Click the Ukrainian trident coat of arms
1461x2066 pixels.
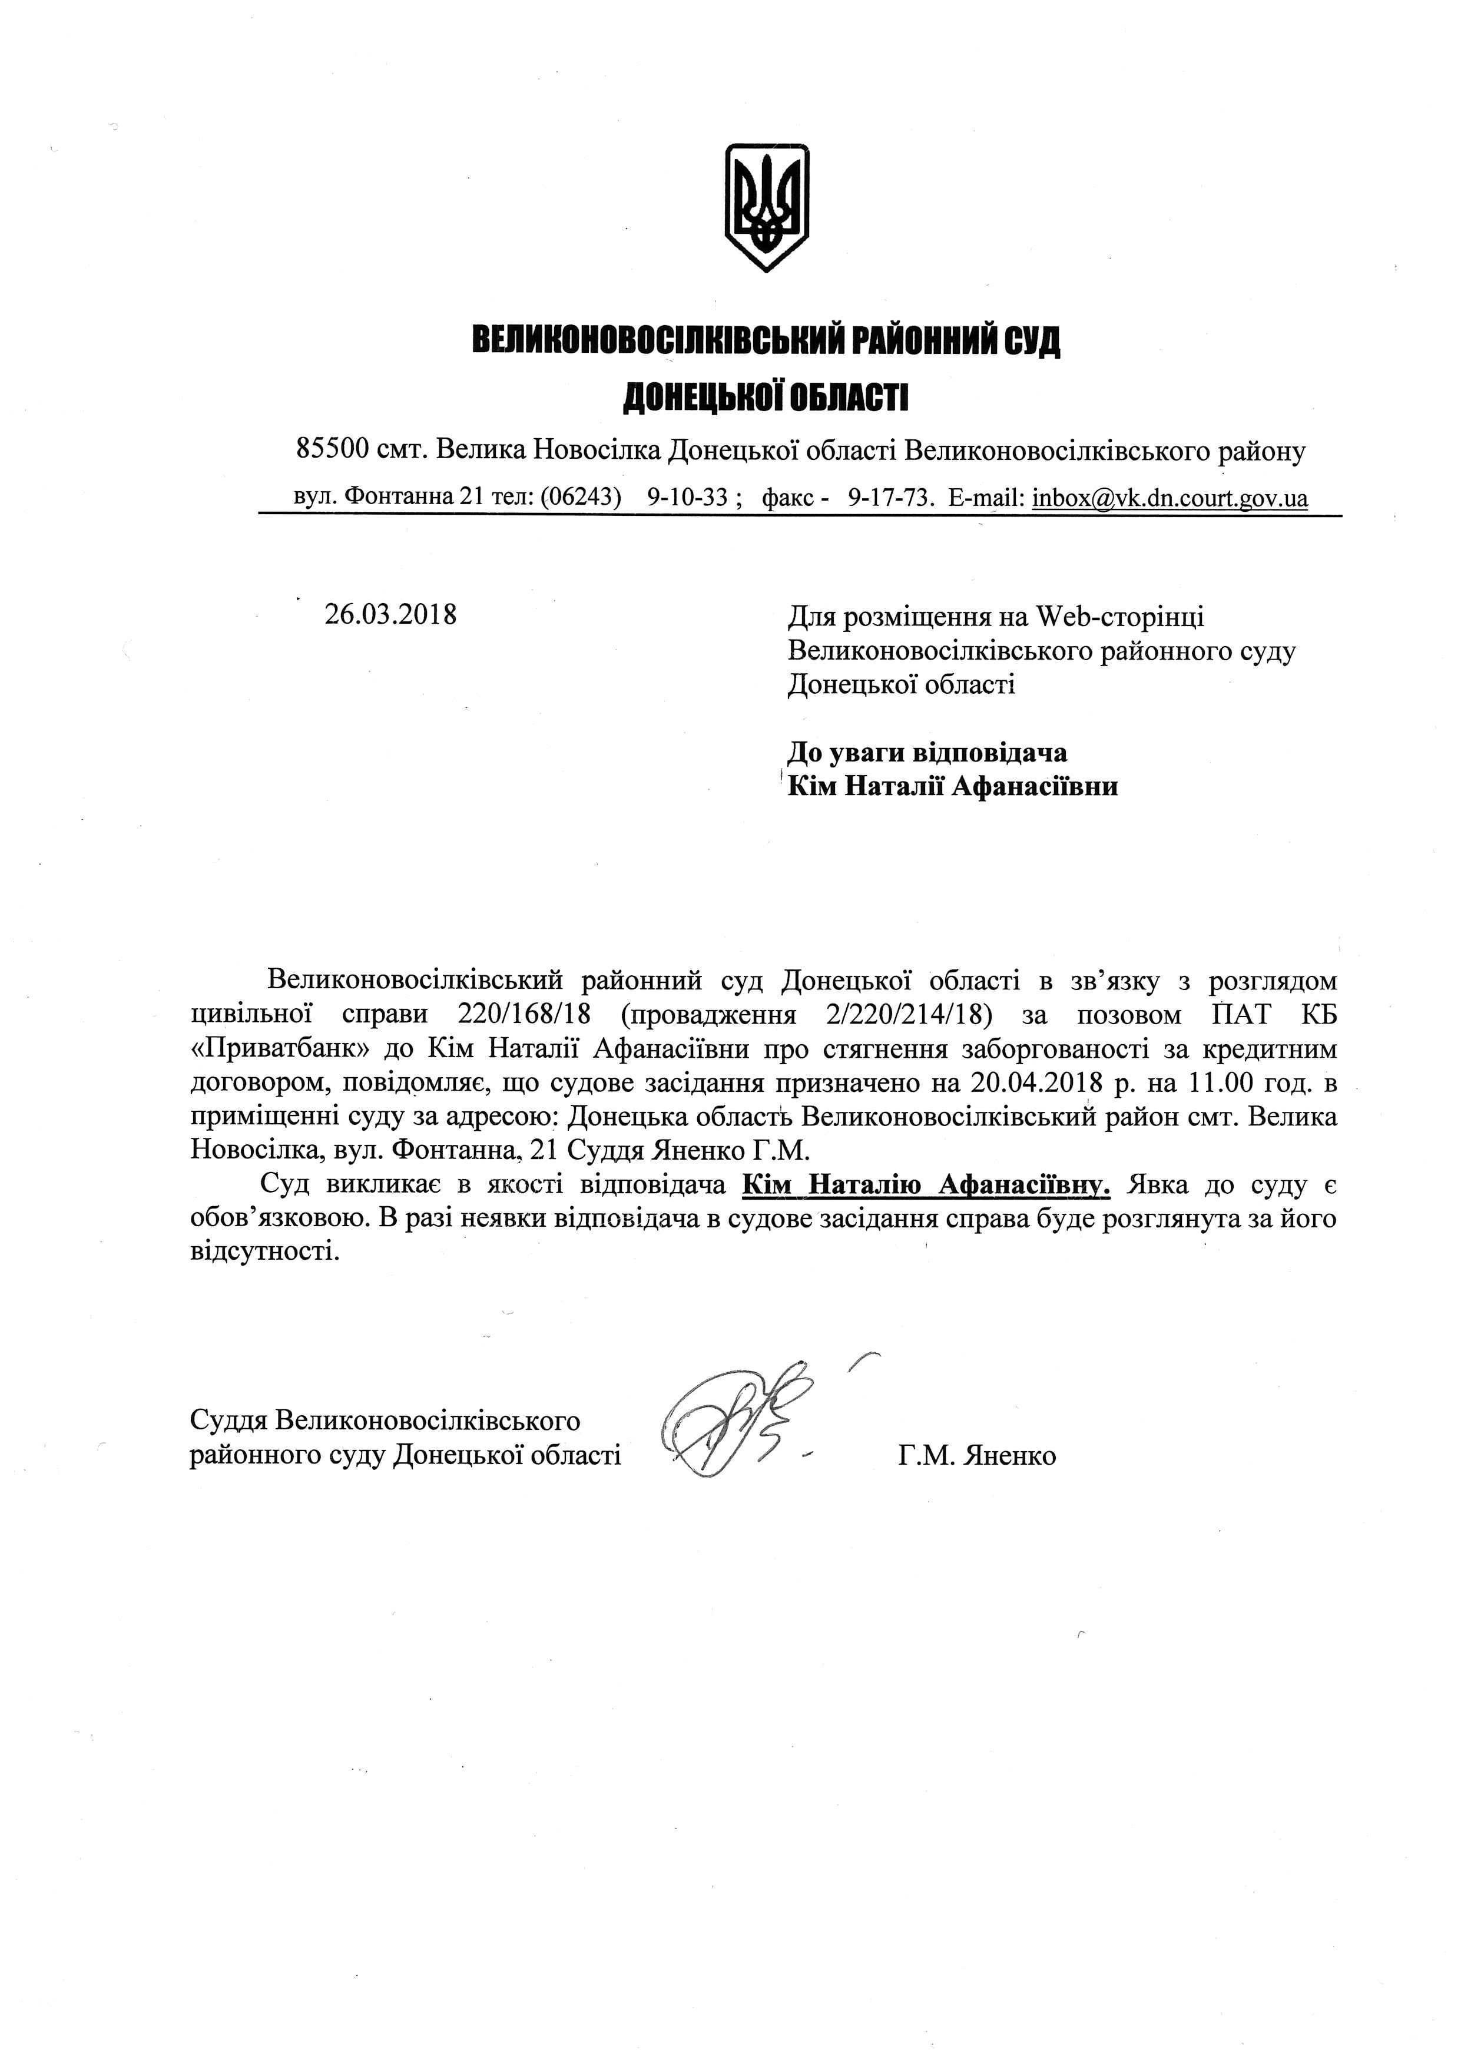tap(767, 206)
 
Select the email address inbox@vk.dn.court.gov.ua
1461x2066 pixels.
tap(1170, 498)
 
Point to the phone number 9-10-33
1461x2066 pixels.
tap(687, 498)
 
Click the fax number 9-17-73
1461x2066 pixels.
tap(888, 498)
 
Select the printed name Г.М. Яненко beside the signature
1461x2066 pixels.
tap(977, 1455)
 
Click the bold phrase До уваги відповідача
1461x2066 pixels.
tap(927, 752)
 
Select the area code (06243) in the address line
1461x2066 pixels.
tap(581, 498)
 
